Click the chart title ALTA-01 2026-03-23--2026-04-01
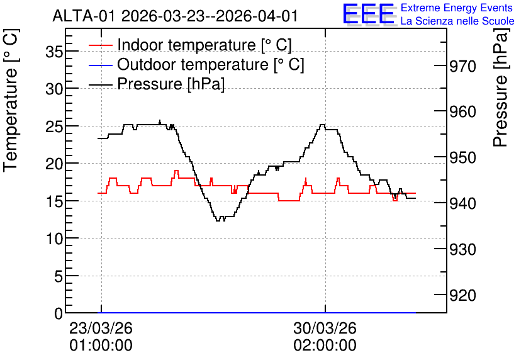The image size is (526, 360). [175, 16]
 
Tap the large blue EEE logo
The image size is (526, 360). [369, 14]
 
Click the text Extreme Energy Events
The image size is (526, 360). [457, 8]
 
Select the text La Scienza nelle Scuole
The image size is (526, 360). [457, 21]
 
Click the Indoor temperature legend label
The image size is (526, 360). [204, 45]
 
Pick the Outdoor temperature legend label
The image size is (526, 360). [211, 64]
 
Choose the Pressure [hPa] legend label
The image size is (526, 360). [171, 84]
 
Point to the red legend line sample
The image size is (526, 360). [100, 45]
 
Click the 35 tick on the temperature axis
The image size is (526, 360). [54, 52]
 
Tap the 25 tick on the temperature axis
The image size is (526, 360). [54, 127]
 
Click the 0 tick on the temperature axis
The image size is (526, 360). [59, 313]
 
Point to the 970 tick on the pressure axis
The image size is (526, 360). [462, 66]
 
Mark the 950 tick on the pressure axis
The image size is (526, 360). [462, 158]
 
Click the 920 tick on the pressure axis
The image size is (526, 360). [462, 296]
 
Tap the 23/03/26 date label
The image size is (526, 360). [101, 328]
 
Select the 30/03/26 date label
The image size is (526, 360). [325, 328]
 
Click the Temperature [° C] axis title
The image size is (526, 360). [11, 100]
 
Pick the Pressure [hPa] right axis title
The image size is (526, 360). [500, 87]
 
